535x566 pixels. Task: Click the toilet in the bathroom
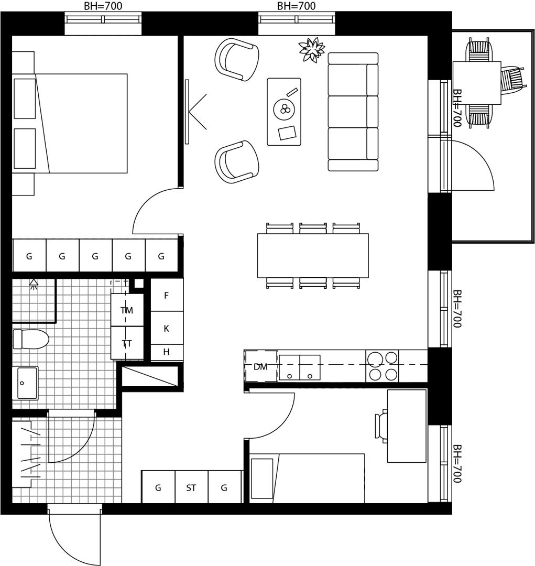pyautogui.click(x=31, y=339)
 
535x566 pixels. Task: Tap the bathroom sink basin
pyautogui.click(x=25, y=383)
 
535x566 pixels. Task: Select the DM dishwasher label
pyautogui.click(x=260, y=367)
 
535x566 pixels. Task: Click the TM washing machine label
pyautogui.click(x=127, y=310)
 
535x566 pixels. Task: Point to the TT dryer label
pyautogui.click(x=127, y=343)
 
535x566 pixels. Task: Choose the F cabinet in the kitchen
pyautogui.click(x=167, y=295)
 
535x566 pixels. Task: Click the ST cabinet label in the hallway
pyautogui.click(x=191, y=488)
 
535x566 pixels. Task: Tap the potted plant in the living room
pyautogui.click(x=311, y=49)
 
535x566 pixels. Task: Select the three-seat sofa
pyautogui.click(x=353, y=112)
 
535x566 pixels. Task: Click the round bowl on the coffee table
pyautogui.click(x=285, y=108)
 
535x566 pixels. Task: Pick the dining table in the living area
pyautogui.click(x=313, y=256)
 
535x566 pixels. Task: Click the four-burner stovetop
pyautogui.click(x=383, y=366)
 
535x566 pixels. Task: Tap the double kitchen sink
pyautogui.click(x=300, y=367)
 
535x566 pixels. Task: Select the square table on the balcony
pyautogui.click(x=476, y=83)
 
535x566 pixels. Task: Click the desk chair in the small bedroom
pyautogui.click(x=381, y=426)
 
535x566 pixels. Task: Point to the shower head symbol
pyautogui.click(x=34, y=285)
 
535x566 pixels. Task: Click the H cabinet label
pyautogui.click(x=167, y=352)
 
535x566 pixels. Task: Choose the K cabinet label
pyautogui.click(x=167, y=329)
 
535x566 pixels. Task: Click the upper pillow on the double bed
pyautogui.click(x=25, y=99)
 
